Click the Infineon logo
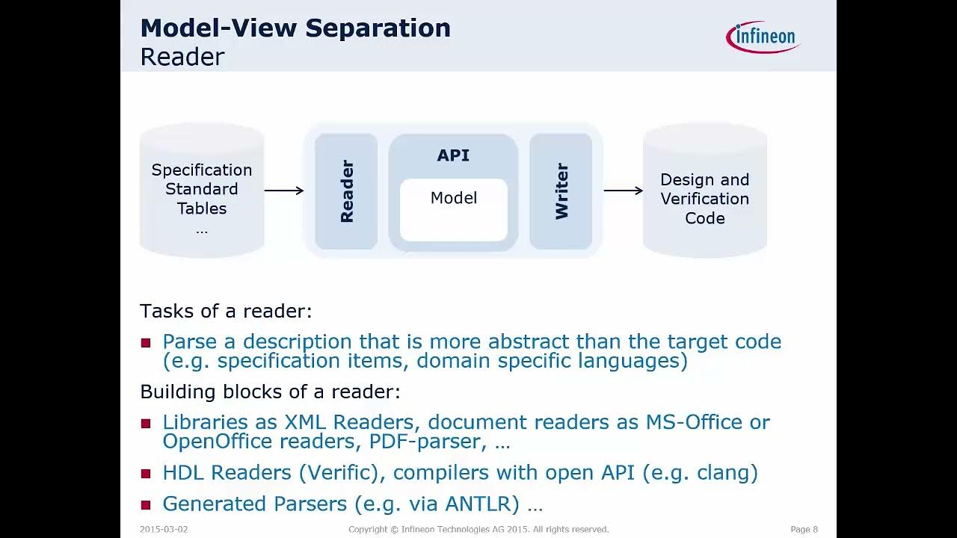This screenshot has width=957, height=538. coord(763,37)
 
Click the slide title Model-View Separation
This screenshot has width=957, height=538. coord(295,28)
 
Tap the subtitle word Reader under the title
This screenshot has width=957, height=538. coord(182,57)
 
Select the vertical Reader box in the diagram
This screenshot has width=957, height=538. coord(346,191)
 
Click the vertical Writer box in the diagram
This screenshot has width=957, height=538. coord(561,191)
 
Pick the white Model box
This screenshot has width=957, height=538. coord(454,210)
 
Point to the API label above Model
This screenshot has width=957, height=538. coord(453,155)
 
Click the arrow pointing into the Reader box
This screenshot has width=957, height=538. coord(284,191)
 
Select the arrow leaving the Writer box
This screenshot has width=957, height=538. coord(623,191)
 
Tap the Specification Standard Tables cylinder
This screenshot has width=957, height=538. coord(202,191)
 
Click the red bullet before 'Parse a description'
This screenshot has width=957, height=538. coord(146,343)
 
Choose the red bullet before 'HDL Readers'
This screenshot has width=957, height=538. coord(146,474)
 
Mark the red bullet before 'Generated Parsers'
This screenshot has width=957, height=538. coord(146,505)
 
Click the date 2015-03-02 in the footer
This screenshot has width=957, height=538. coord(164,529)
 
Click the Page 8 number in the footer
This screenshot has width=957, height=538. coord(804,529)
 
